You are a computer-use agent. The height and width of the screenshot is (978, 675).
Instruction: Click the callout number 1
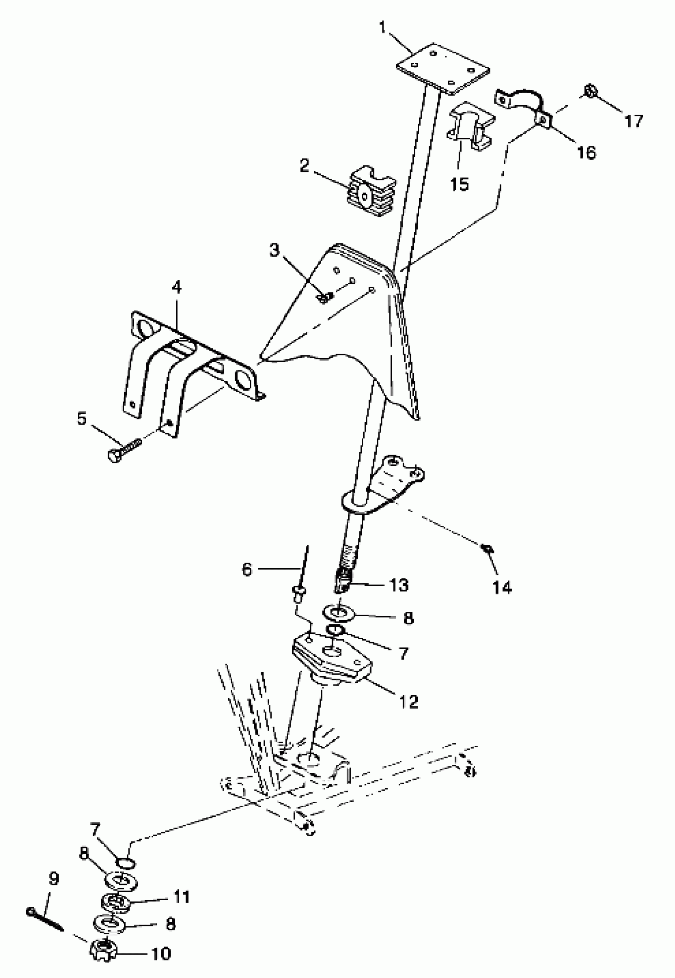[x=382, y=28]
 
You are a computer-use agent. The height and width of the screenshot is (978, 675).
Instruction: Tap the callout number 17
[x=634, y=122]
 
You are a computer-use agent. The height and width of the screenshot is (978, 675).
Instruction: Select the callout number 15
[x=460, y=184]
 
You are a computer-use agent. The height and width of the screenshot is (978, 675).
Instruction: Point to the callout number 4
[x=176, y=287]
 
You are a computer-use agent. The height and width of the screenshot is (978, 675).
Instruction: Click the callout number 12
[x=409, y=702]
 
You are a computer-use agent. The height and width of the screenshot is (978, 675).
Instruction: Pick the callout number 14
[x=502, y=587]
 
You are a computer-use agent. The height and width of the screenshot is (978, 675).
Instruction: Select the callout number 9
[x=54, y=879]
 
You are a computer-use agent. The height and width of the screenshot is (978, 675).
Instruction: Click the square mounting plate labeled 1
[x=443, y=69]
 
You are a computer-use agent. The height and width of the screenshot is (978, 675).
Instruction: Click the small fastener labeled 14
[x=486, y=549]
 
